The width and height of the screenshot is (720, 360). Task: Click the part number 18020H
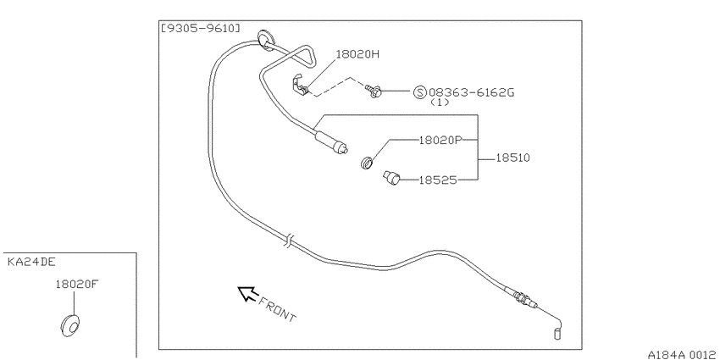coord(357,55)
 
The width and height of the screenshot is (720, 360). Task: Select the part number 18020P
coord(440,140)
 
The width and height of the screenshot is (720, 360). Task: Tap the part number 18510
coord(512,158)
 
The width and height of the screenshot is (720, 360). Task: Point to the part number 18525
coord(438,180)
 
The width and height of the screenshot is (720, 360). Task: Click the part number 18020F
coord(77,285)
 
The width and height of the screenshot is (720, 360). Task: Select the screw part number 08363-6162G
coord(471,93)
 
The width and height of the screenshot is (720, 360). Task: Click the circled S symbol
coord(419,93)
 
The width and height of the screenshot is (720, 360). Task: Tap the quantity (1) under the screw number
coord(440,102)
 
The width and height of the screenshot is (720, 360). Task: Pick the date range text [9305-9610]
coord(200,29)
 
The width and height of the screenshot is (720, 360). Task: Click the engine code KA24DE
coord(31,263)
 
